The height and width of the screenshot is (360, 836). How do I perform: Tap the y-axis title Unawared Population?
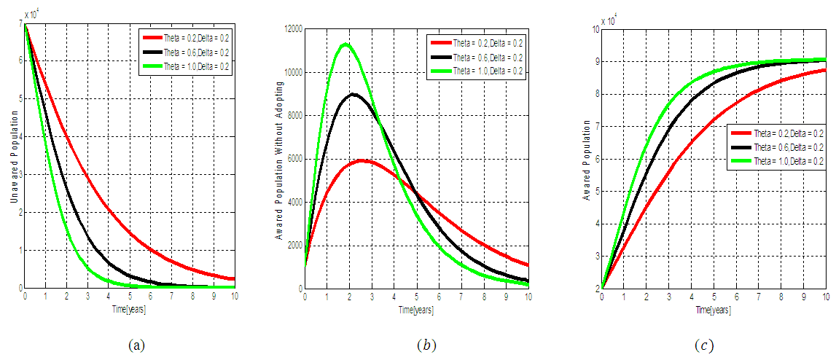point(12,156)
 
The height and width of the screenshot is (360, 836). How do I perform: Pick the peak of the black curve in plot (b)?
point(353,94)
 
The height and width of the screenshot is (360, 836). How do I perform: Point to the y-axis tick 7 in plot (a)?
point(20,25)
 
